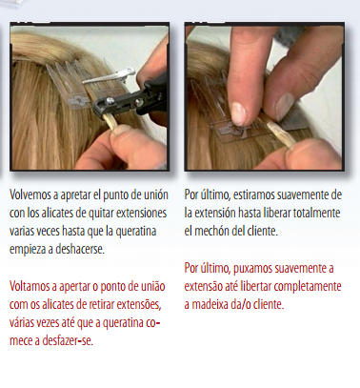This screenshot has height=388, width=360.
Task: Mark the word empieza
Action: click(x=32, y=250)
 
